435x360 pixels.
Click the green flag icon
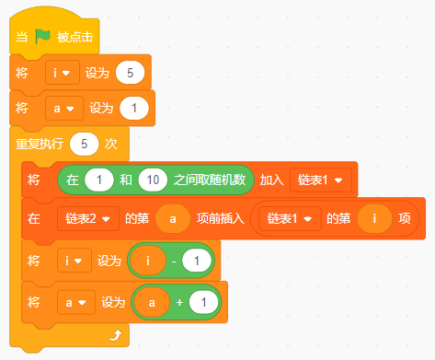[x=42, y=37]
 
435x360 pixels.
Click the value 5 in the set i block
[x=130, y=73]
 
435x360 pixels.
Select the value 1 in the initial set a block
[x=134, y=109]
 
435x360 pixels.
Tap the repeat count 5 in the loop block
[x=84, y=144]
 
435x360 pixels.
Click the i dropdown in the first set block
[x=63, y=73]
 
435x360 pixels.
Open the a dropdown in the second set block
[x=64, y=109]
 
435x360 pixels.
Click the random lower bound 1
[x=99, y=180]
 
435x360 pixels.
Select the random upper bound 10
[x=153, y=180]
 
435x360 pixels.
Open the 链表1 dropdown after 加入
[x=321, y=180]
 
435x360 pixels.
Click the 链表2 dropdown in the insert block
[x=88, y=219]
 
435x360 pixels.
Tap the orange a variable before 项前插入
[x=173, y=219]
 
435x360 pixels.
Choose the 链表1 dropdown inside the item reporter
[x=290, y=219]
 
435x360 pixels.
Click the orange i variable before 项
[x=374, y=219]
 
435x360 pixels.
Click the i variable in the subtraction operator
[x=148, y=261]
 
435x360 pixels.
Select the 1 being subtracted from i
[x=197, y=261]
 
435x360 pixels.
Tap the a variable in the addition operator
[x=152, y=303]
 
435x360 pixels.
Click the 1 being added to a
[x=203, y=303]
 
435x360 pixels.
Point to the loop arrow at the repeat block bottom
[x=116, y=335]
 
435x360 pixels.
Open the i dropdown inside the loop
[x=74, y=261]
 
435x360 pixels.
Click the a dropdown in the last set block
[x=76, y=303]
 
